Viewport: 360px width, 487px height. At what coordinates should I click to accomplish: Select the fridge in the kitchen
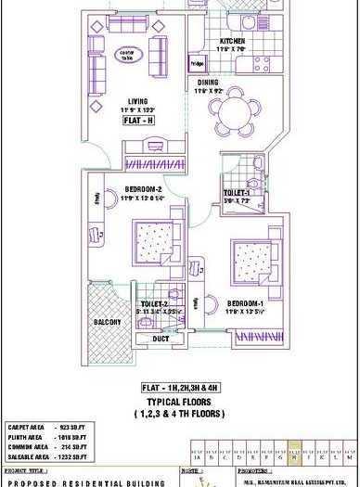click(197, 65)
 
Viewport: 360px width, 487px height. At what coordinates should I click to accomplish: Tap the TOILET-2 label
click(153, 303)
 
